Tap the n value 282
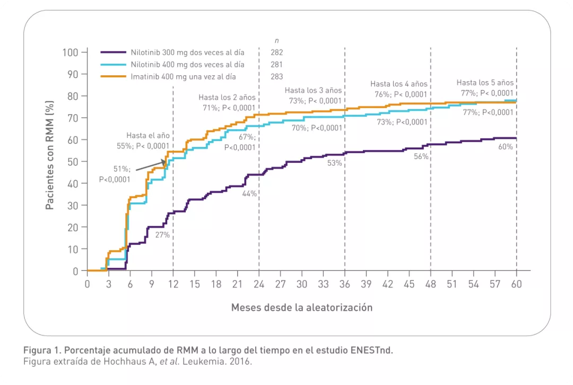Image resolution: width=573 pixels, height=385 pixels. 277,52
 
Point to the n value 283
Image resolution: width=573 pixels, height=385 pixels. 277,76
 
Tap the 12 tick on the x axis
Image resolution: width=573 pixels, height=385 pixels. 173,284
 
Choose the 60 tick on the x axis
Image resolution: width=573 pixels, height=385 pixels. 516,284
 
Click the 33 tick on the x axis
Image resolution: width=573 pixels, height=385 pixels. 323,284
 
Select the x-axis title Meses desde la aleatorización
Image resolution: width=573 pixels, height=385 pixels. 301,308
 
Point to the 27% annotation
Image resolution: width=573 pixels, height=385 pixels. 162,235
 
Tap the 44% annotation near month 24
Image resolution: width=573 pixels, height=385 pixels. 249,194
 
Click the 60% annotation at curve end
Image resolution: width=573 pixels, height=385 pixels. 505,147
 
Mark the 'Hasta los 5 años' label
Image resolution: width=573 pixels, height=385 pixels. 485,83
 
